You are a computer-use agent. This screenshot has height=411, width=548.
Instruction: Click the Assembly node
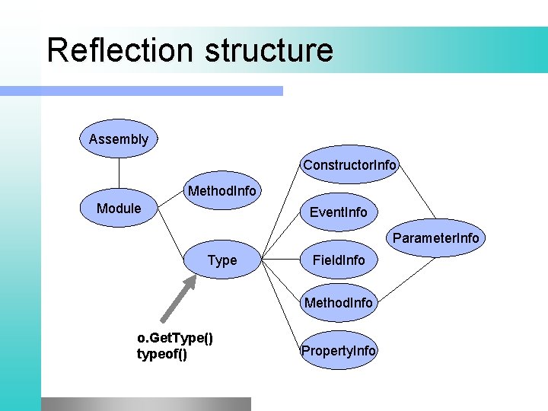119,139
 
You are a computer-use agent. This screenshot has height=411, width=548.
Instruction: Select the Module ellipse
119,209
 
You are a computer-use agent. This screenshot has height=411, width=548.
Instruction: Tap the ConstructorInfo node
349,165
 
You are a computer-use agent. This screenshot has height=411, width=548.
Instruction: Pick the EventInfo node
338,212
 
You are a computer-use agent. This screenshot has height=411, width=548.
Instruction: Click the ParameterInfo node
435,238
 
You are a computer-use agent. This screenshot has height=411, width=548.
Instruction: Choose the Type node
222,260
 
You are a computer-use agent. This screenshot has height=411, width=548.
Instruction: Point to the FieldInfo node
339,260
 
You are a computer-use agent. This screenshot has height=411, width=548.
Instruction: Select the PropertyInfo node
339,351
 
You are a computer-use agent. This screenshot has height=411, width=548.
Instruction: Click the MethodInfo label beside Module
222,190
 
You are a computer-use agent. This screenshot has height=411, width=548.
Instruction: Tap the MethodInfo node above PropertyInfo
339,303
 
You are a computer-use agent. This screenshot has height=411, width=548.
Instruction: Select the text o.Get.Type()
174,337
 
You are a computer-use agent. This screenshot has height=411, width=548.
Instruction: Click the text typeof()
161,354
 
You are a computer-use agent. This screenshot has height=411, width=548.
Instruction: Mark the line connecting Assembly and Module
119,173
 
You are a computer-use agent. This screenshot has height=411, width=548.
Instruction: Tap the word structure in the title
268,50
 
